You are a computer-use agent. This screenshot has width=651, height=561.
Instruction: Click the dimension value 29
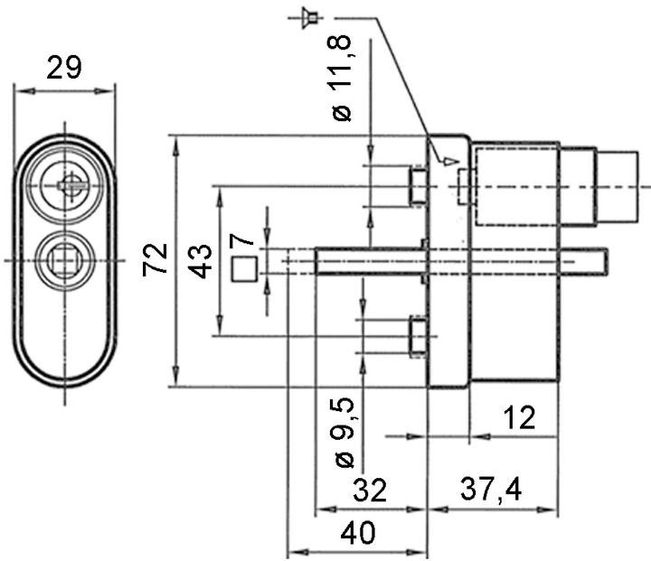(65, 68)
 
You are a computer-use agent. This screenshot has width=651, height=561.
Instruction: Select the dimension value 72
(156, 261)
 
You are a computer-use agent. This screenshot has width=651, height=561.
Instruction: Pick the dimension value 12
(516, 417)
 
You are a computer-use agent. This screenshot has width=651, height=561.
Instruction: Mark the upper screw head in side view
(418, 186)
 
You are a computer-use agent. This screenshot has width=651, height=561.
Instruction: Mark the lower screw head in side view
(418, 336)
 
